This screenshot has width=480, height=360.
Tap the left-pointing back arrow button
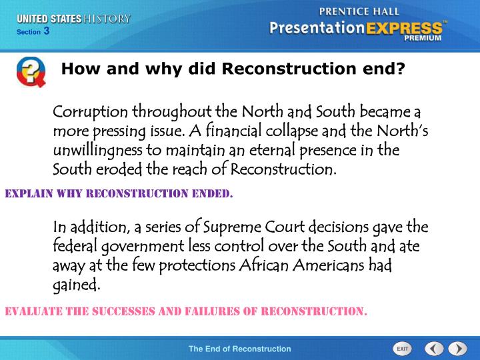(x=434, y=349)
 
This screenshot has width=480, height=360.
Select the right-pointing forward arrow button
(x=457, y=349)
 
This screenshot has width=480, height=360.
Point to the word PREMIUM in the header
(x=422, y=39)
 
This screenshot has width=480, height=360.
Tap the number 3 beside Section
(x=47, y=31)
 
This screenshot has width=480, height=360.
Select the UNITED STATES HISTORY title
(x=73, y=19)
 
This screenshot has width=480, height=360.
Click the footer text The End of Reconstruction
(x=239, y=349)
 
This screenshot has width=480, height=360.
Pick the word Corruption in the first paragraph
(x=91, y=111)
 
